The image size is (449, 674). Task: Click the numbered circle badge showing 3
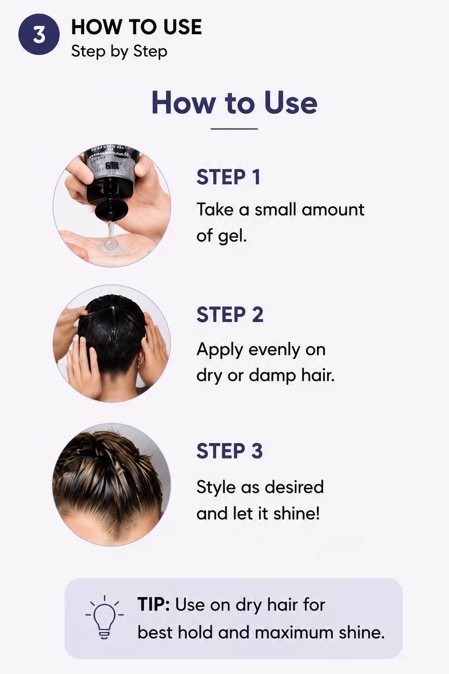tap(39, 34)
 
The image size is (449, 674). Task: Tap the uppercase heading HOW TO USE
tap(136, 27)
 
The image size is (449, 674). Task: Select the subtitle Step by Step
tap(119, 51)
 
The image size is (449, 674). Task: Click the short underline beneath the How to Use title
tap(234, 129)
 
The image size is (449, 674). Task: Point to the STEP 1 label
tap(228, 177)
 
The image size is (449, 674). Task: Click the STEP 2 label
tap(230, 315)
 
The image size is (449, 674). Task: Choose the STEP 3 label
tap(229, 451)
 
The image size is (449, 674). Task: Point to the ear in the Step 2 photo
tap(140, 361)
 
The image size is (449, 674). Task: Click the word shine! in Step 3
tap(296, 513)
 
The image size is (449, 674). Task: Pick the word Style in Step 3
tap(216, 488)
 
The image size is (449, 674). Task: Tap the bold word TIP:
tap(153, 605)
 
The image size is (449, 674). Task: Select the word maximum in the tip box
tap(294, 632)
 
